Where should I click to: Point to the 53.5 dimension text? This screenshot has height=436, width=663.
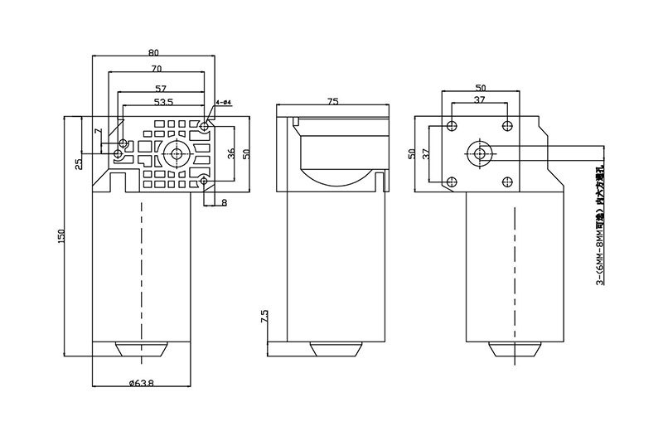[162, 103]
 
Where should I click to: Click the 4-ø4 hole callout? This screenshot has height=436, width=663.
[222, 102]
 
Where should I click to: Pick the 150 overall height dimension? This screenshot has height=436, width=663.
[60, 236]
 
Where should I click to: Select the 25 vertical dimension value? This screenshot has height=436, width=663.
[79, 163]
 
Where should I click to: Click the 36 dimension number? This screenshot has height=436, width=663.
[231, 153]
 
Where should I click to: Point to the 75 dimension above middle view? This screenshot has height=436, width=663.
[331, 101]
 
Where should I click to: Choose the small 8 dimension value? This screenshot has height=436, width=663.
[223, 201]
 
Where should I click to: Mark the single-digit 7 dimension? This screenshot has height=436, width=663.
[97, 132]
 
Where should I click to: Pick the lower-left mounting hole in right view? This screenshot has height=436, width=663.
[451, 182]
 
